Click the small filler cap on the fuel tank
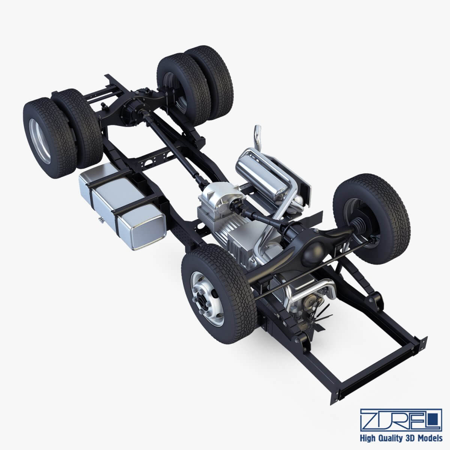point(100,219)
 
